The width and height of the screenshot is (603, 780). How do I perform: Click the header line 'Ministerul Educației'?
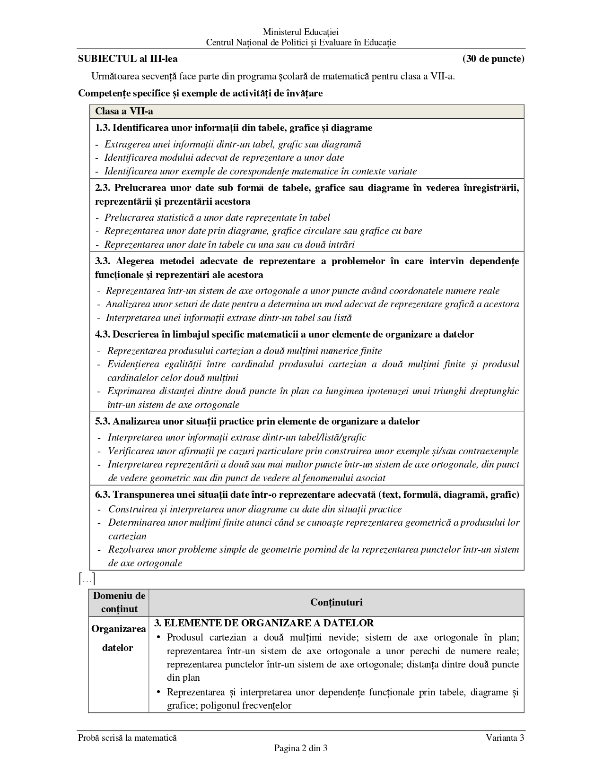(301, 32)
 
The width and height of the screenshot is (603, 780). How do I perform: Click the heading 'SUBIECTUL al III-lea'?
(128, 59)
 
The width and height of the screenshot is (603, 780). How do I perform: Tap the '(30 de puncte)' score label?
(493, 59)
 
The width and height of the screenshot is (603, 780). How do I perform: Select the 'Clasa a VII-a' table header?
(124, 112)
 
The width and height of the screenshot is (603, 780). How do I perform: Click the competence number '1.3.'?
(103, 128)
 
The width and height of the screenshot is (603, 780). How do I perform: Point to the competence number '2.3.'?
(103, 188)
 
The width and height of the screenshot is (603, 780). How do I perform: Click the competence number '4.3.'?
(103, 334)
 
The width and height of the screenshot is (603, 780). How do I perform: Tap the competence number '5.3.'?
(103, 421)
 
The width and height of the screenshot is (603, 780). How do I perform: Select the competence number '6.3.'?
(103, 494)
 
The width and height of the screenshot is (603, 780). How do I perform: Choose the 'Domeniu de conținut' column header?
(119, 602)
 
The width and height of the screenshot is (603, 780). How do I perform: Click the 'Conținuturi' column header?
(336, 602)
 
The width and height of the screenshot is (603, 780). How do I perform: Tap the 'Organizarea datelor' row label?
(118, 638)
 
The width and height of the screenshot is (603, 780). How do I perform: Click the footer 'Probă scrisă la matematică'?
(127, 737)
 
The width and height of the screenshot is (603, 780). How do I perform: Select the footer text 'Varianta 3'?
(505, 737)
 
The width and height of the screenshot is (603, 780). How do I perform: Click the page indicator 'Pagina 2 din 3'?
(301, 748)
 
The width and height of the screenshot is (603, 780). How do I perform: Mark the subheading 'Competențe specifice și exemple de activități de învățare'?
(201, 93)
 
